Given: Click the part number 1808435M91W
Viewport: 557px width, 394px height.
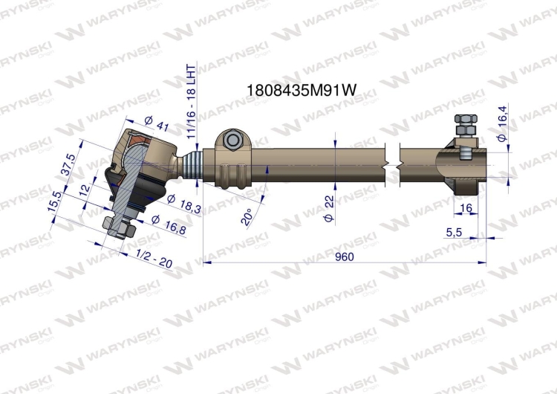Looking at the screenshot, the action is tap(301, 90).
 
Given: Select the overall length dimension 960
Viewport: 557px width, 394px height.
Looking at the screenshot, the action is tap(344, 256).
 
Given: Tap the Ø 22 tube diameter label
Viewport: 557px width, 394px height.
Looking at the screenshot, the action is tap(329, 208).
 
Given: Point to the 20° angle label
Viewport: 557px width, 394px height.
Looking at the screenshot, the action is tap(247, 216).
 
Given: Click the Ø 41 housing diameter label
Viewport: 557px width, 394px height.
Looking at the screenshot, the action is tap(157, 123).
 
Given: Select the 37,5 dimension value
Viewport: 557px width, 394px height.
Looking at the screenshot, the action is tap(68, 164).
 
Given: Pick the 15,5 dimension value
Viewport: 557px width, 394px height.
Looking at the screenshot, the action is tap(55, 202).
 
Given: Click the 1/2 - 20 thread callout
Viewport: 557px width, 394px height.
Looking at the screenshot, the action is tap(154, 259).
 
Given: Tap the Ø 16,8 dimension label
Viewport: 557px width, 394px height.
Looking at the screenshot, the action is tap(168, 225).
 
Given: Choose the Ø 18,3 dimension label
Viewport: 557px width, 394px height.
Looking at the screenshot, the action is tap(183, 204).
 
